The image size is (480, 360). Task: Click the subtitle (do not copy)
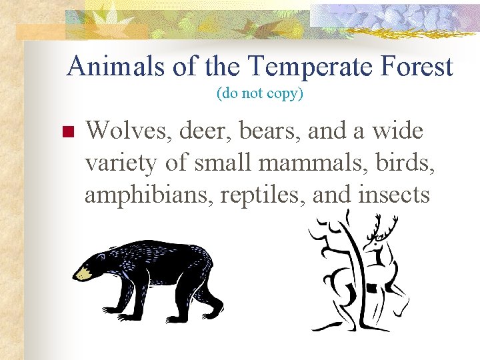point(260,94)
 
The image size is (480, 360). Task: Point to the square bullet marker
point(66,131)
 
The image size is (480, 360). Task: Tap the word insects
point(395,195)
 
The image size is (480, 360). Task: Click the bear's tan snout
point(83,273)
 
